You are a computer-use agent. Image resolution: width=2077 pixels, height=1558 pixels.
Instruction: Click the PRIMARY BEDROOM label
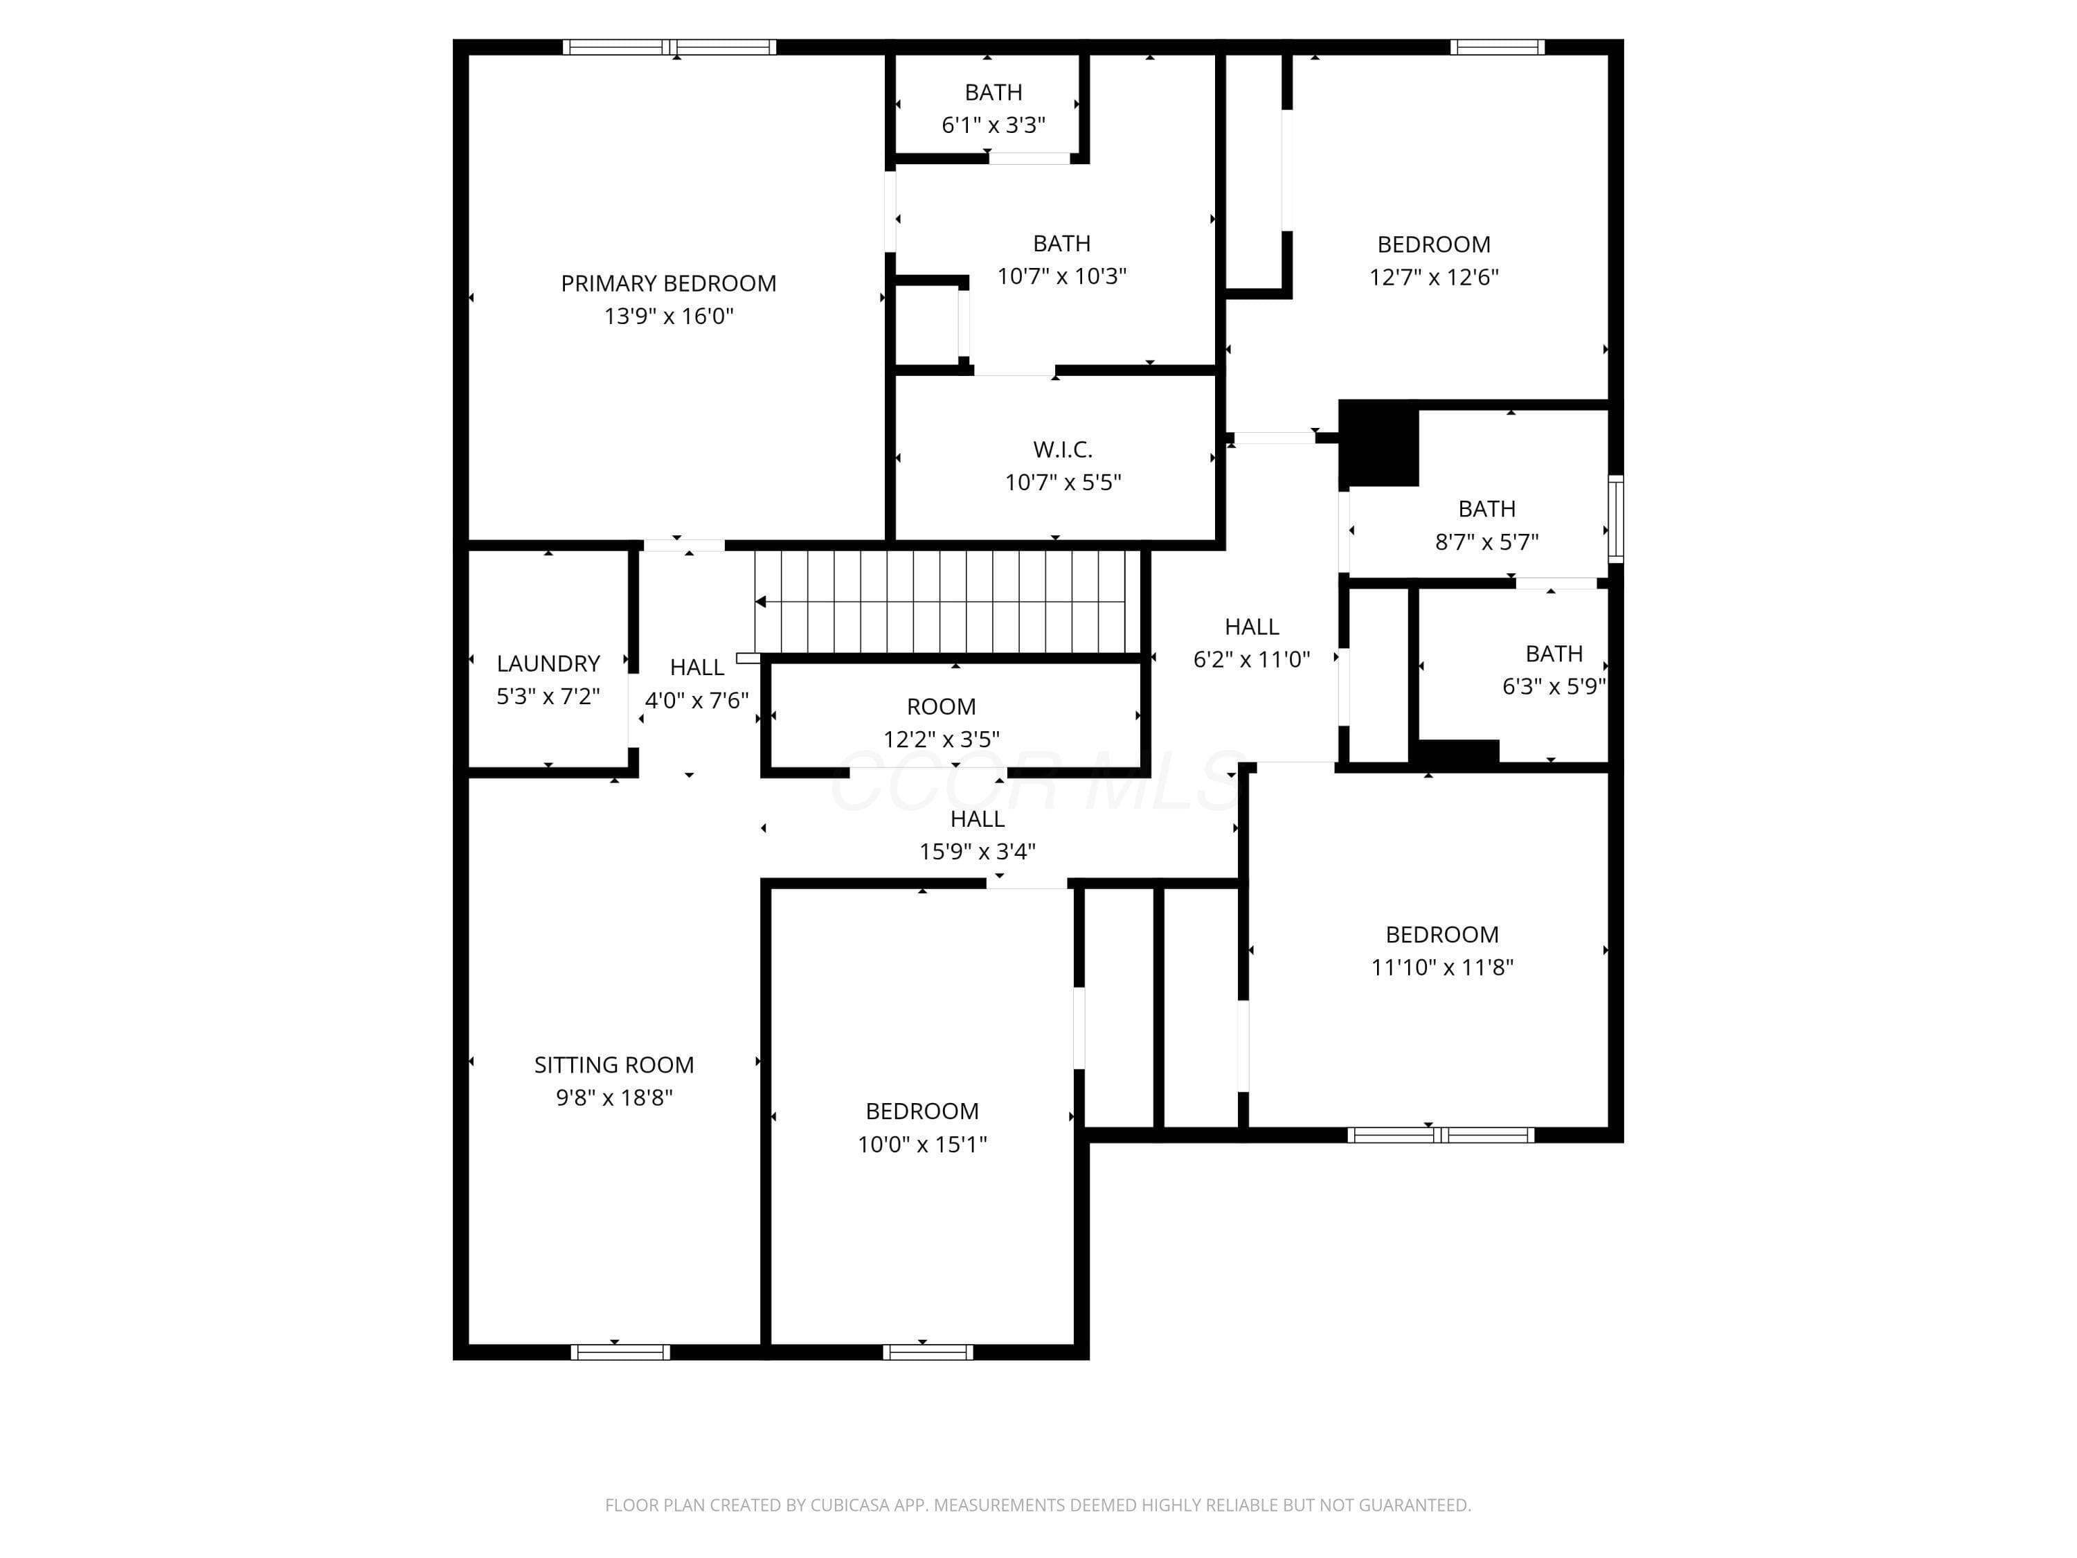(x=669, y=284)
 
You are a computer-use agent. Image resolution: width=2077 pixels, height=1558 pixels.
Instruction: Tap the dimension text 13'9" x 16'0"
(x=669, y=316)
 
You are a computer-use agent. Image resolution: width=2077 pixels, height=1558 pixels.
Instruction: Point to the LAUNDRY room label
(x=548, y=664)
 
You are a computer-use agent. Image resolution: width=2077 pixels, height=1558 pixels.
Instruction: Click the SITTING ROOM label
(x=614, y=1065)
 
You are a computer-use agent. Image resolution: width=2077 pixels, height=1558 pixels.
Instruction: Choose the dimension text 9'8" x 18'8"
(x=614, y=1098)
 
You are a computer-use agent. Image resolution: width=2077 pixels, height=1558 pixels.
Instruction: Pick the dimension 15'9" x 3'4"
(x=978, y=852)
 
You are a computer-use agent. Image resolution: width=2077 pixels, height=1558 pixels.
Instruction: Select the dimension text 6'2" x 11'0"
(x=1252, y=659)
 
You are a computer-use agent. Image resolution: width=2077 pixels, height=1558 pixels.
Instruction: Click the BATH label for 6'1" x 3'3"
(x=993, y=92)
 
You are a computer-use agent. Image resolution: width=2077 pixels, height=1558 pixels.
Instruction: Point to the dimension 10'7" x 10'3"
(x=1062, y=276)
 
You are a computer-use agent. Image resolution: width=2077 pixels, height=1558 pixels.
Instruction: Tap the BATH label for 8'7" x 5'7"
(x=1486, y=509)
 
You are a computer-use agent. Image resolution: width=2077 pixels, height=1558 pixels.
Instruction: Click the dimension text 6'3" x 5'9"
(x=1554, y=686)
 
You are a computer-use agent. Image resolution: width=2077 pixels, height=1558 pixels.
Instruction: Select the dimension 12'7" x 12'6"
(x=1434, y=277)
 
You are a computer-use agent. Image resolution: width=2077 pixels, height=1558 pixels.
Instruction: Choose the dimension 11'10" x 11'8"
(x=1442, y=967)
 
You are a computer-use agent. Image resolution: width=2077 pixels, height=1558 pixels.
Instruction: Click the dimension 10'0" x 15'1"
(x=922, y=1144)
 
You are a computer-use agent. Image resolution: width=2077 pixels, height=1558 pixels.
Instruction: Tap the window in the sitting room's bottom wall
(x=620, y=1352)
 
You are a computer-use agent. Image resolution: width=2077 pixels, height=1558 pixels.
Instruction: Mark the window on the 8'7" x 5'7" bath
(x=1616, y=519)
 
